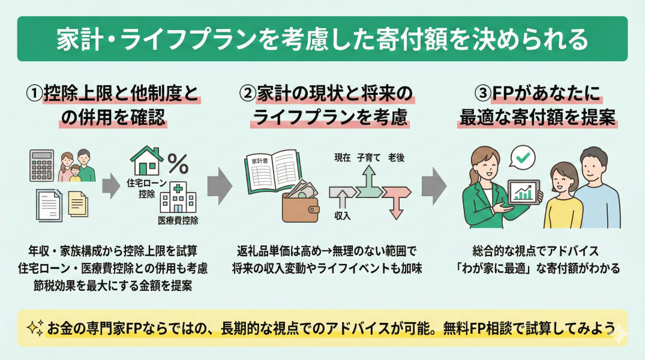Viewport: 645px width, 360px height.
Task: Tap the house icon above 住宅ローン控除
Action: pos(145,160)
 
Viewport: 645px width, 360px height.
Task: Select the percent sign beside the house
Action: pos(178,163)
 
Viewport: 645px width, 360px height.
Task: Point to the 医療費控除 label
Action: pos(178,220)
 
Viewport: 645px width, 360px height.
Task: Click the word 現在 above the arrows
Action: pos(343,158)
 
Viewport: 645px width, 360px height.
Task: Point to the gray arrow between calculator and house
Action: pos(110,187)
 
